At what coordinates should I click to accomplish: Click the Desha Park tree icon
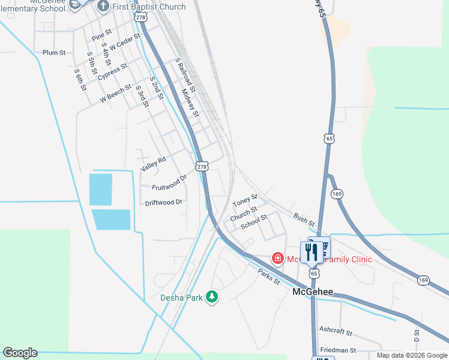tap(211, 297)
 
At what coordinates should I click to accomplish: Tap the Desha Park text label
tap(182, 297)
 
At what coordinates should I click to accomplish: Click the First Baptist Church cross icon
tap(103, 6)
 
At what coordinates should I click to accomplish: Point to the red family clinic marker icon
tap(278, 259)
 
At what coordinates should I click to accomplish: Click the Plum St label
tap(54, 53)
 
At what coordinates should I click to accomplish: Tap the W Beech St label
tap(115, 95)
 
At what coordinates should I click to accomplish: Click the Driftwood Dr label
tap(163, 202)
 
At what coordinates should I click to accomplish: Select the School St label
tap(253, 221)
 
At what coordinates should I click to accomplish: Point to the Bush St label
tap(303, 217)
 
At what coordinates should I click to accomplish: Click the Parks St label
tap(269, 277)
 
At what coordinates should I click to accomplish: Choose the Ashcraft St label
tap(336, 331)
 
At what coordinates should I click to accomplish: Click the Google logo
tap(20, 353)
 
